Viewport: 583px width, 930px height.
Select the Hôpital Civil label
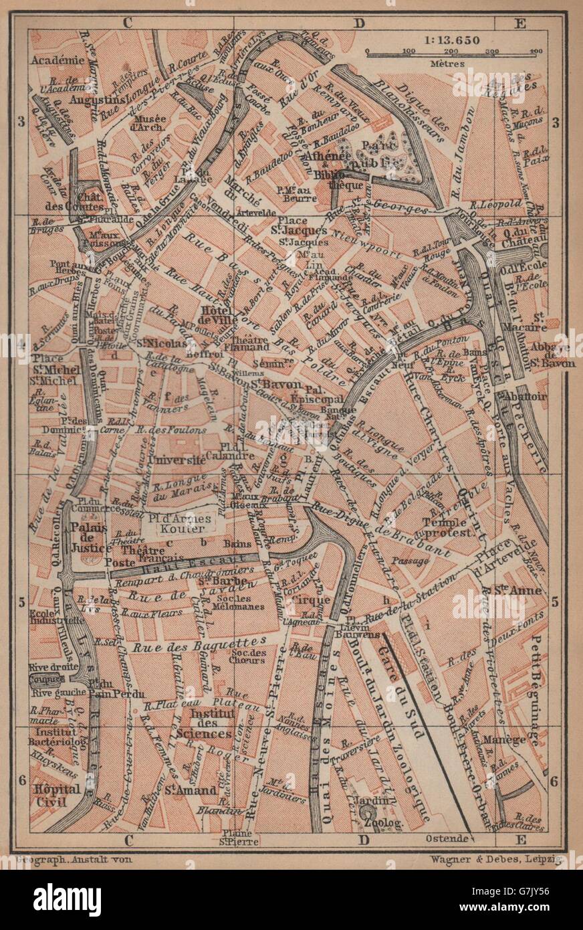tap(56, 794)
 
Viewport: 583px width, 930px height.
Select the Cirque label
tap(312, 600)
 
